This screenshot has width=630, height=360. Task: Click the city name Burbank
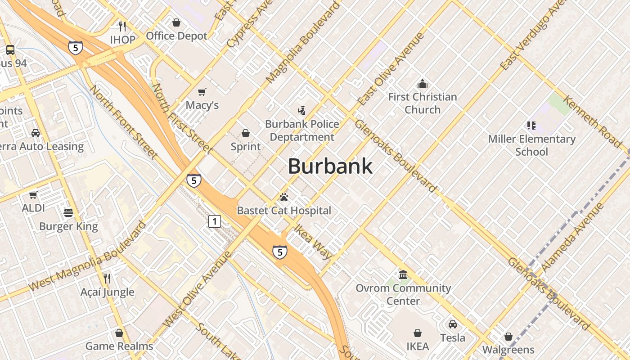330,166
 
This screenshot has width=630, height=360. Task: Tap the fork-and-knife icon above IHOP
122,26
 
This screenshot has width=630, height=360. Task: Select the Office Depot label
176,36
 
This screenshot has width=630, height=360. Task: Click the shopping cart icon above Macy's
202,92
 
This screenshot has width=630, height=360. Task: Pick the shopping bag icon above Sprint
246,133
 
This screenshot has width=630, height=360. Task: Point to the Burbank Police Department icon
302,110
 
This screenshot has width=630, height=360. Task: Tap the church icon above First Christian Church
422,84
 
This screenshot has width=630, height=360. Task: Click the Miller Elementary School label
532,145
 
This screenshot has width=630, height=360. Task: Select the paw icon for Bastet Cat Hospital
283,197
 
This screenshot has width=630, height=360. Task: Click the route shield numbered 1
215,221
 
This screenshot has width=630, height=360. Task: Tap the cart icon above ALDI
33,195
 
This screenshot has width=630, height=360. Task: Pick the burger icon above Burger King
68,212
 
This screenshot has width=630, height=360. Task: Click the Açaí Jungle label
108,292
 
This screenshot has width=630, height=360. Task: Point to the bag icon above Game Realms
119,333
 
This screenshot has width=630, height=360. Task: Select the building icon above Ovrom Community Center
403,274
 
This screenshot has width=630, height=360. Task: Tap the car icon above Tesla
453,324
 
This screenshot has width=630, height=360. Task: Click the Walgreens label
508,350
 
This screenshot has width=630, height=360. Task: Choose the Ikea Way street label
313,242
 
